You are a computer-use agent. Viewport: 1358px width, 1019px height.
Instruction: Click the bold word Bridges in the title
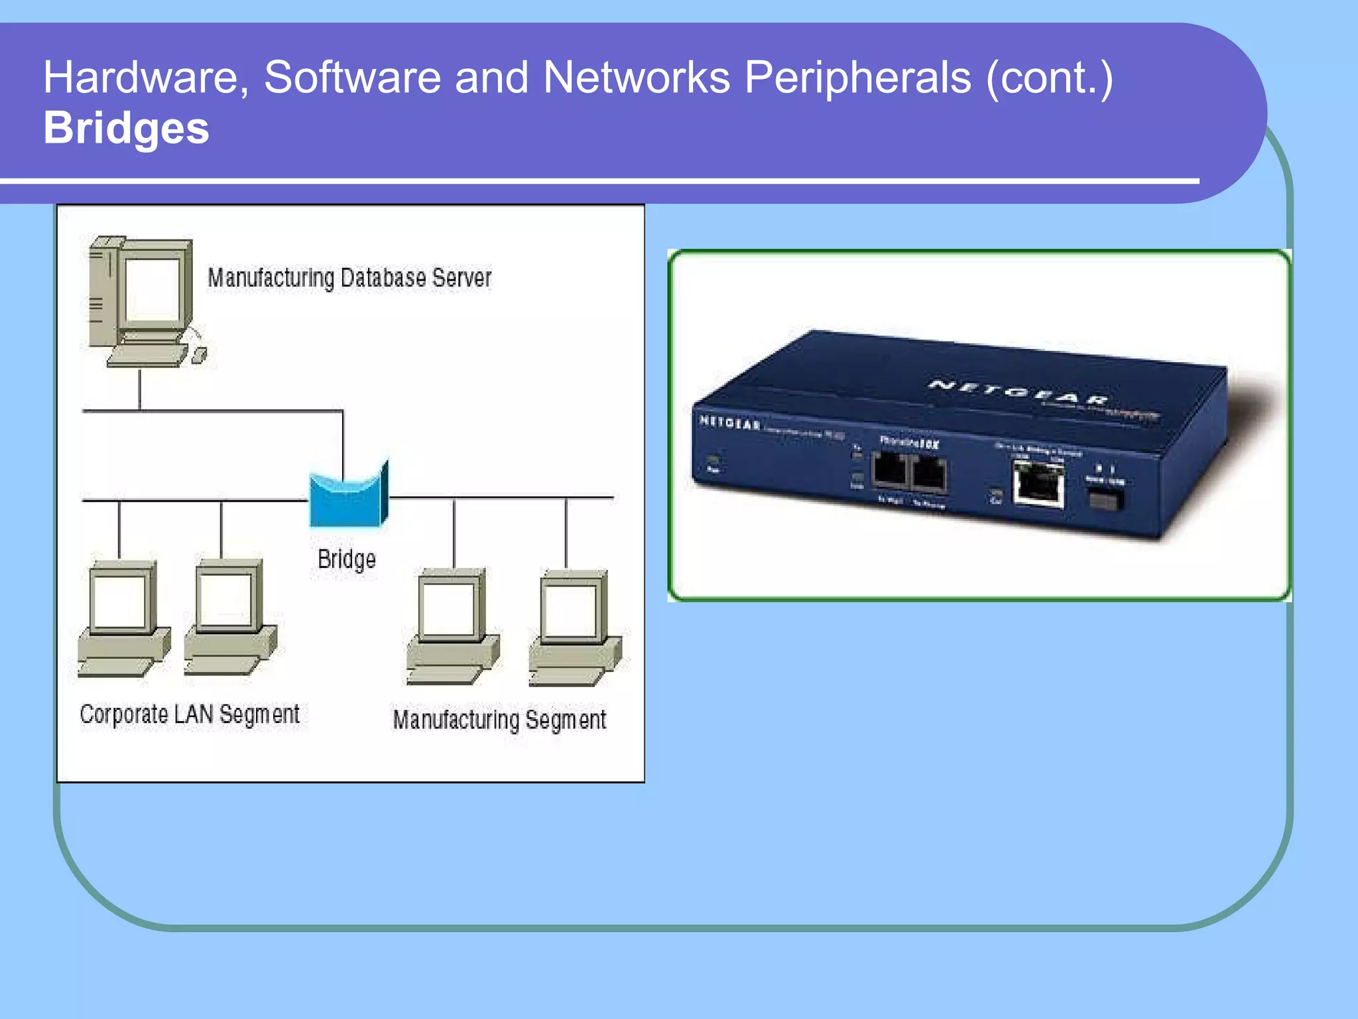[126, 128]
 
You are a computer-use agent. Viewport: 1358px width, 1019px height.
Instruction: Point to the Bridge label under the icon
[346, 559]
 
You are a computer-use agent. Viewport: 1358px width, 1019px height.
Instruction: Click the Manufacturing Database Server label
[349, 278]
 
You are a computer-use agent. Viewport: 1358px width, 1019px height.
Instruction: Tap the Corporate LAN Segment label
[190, 714]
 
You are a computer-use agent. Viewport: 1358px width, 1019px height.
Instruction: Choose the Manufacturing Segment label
[499, 720]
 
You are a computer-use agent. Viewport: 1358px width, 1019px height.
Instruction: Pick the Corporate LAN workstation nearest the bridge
[229, 618]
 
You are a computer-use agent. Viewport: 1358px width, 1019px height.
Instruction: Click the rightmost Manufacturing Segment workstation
[574, 628]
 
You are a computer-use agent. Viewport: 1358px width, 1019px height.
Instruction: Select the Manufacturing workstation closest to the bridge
[452, 626]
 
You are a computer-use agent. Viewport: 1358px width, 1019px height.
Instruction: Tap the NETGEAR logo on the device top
[1018, 392]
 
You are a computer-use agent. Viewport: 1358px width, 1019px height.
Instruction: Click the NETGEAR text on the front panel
[730, 423]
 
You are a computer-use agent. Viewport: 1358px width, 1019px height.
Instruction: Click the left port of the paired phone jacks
[889, 472]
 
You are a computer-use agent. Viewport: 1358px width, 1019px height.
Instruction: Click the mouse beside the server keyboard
[199, 356]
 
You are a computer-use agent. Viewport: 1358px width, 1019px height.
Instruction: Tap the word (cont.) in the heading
[1050, 78]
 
